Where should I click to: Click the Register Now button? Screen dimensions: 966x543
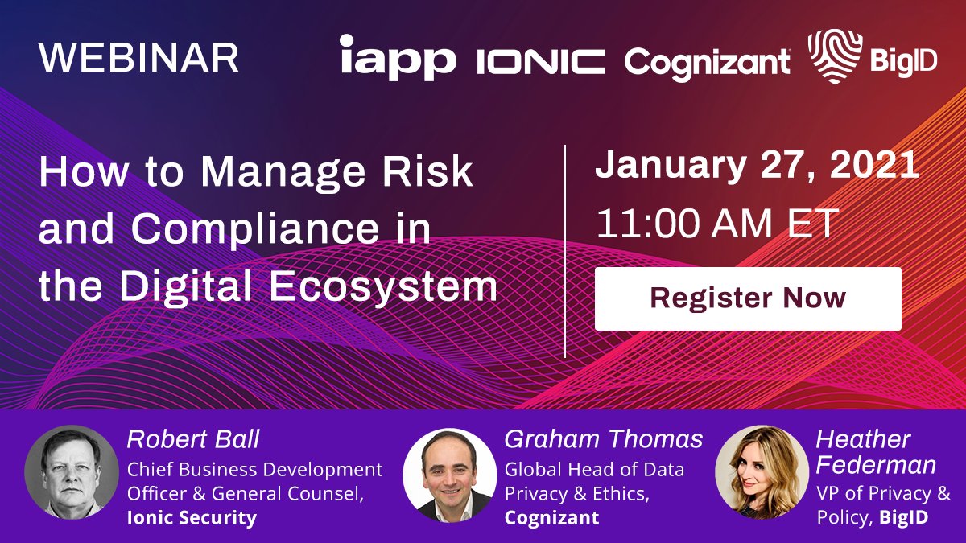[x=748, y=298]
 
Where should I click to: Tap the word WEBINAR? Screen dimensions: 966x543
[x=138, y=57]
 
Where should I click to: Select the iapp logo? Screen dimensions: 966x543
[x=398, y=58]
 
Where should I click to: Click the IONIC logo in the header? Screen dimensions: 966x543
[x=541, y=62]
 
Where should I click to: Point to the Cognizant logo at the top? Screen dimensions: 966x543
[x=708, y=64]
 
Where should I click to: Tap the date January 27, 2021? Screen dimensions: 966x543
[x=757, y=164]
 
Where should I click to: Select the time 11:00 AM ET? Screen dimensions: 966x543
[x=717, y=224]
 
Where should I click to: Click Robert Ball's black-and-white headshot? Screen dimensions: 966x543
[x=72, y=472]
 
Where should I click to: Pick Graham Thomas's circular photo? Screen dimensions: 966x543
[x=450, y=475]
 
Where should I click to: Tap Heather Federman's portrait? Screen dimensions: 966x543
[x=762, y=472]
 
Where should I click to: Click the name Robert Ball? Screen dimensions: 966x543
[x=193, y=439]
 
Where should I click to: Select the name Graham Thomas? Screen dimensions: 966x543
[x=603, y=439]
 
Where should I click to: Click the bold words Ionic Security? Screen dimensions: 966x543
[x=192, y=517]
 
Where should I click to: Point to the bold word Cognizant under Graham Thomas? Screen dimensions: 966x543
[x=551, y=517]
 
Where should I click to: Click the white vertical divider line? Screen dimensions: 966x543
[x=565, y=251]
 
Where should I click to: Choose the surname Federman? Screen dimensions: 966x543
[x=876, y=465]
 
